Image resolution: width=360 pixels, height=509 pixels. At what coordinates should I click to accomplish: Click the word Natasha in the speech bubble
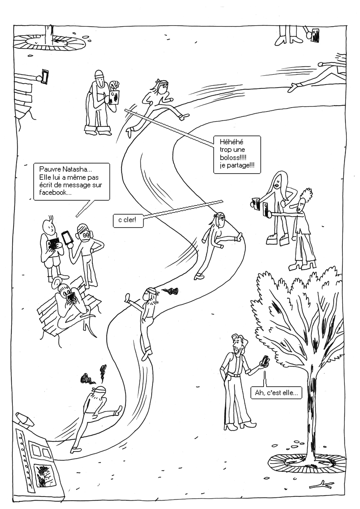[x=79, y=168]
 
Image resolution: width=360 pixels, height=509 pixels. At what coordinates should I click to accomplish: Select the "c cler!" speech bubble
[x=128, y=220]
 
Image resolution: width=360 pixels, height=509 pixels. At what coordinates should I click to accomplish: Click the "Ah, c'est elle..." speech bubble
[x=276, y=393]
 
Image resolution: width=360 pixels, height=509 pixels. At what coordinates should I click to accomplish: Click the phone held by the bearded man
[x=264, y=361]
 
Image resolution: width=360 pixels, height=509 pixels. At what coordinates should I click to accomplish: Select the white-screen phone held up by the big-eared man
[x=66, y=238]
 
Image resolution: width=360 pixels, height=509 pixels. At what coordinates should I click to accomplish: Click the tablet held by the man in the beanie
[x=114, y=97]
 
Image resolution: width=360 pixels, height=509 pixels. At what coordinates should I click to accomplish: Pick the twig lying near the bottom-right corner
[x=322, y=485]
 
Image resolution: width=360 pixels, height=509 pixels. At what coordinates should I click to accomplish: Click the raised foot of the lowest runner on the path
[x=118, y=410]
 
